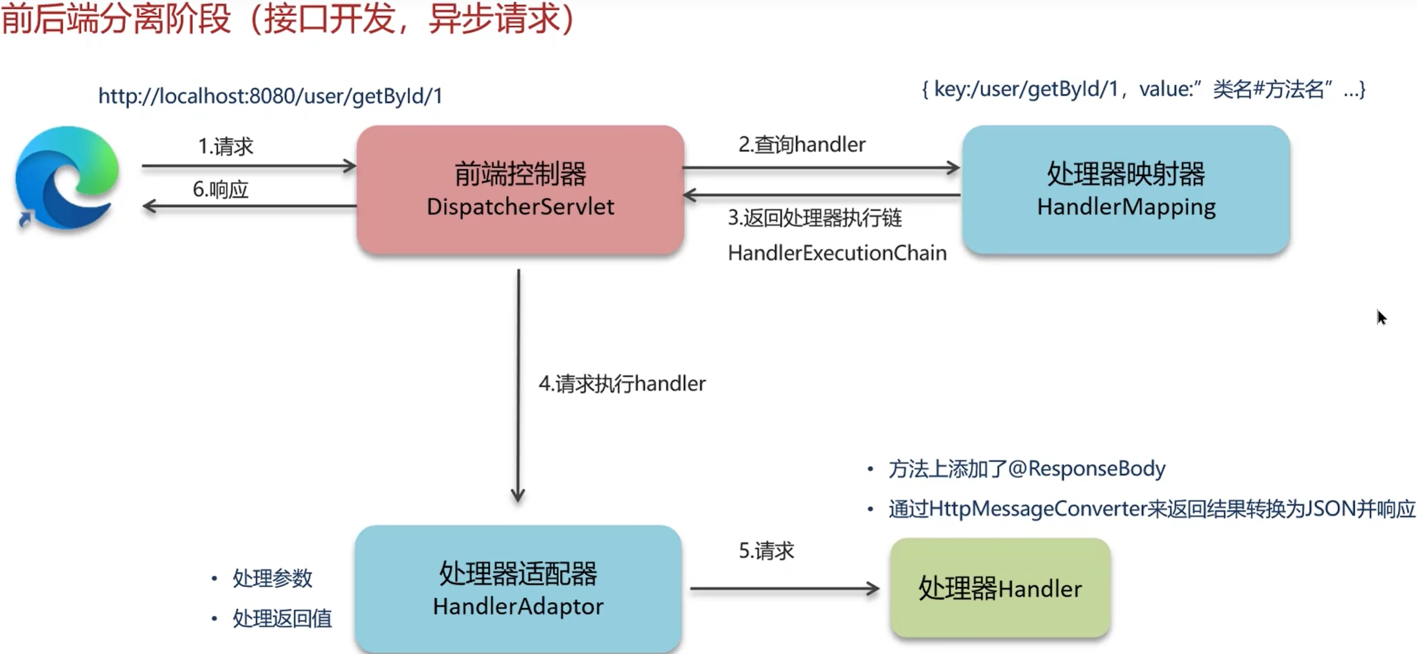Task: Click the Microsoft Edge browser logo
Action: point(67,178)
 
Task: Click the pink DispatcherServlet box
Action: point(520,190)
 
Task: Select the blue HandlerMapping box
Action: point(1125,190)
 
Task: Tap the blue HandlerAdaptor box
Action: point(518,588)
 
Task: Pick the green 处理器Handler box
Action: point(999,588)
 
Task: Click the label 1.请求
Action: point(225,147)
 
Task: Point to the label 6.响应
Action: point(221,190)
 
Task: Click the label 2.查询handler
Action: point(801,144)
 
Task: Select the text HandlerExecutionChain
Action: point(837,253)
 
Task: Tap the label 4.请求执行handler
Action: point(622,384)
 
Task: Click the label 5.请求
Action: point(766,551)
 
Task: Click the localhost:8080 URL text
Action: point(270,96)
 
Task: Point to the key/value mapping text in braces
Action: point(1143,89)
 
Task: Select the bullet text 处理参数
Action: point(272,578)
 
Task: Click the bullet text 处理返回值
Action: point(282,618)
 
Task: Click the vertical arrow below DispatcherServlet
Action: point(518,385)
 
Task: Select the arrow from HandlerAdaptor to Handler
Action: point(784,588)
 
